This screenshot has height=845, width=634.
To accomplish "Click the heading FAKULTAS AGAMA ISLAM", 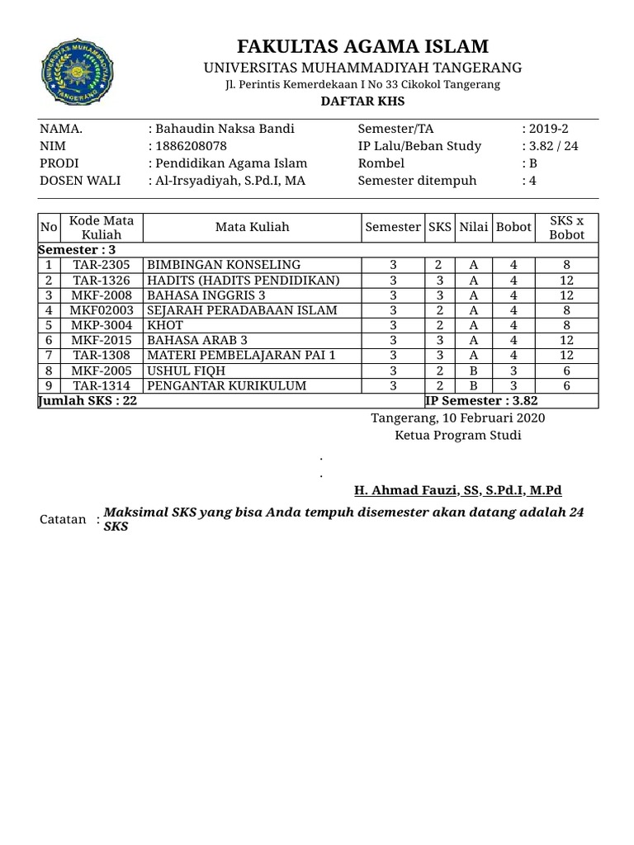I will pyautogui.click(x=363, y=46).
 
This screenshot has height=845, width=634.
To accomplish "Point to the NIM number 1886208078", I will pyautogui.click(x=192, y=146).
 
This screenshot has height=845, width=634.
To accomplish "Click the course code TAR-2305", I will pyautogui.click(x=102, y=265).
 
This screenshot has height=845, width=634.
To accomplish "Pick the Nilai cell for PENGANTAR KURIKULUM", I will pyautogui.click(x=474, y=385).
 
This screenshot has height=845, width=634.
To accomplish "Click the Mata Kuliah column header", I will pyautogui.click(x=253, y=227).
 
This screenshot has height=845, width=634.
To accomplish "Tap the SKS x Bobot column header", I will pyautogui.click(x=566, y=227).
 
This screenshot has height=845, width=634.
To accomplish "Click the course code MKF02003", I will pyautogui.click(x=102, y=310).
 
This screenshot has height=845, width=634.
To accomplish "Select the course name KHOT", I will pyautogui.click(x=162, y=325).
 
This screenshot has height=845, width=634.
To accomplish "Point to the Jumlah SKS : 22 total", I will pyautogui.click(x=88, y=401).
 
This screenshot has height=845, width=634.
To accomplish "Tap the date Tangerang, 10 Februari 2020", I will pyautogui.click(x=458, y=418).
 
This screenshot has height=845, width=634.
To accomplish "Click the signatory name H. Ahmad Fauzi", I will pyautogui.click(x=457, y=490).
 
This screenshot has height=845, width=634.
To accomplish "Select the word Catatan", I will pyautogui.click(x=63, y=519).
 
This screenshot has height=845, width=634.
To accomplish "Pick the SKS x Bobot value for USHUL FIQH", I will pyautogui.click(x=566, y=371).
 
